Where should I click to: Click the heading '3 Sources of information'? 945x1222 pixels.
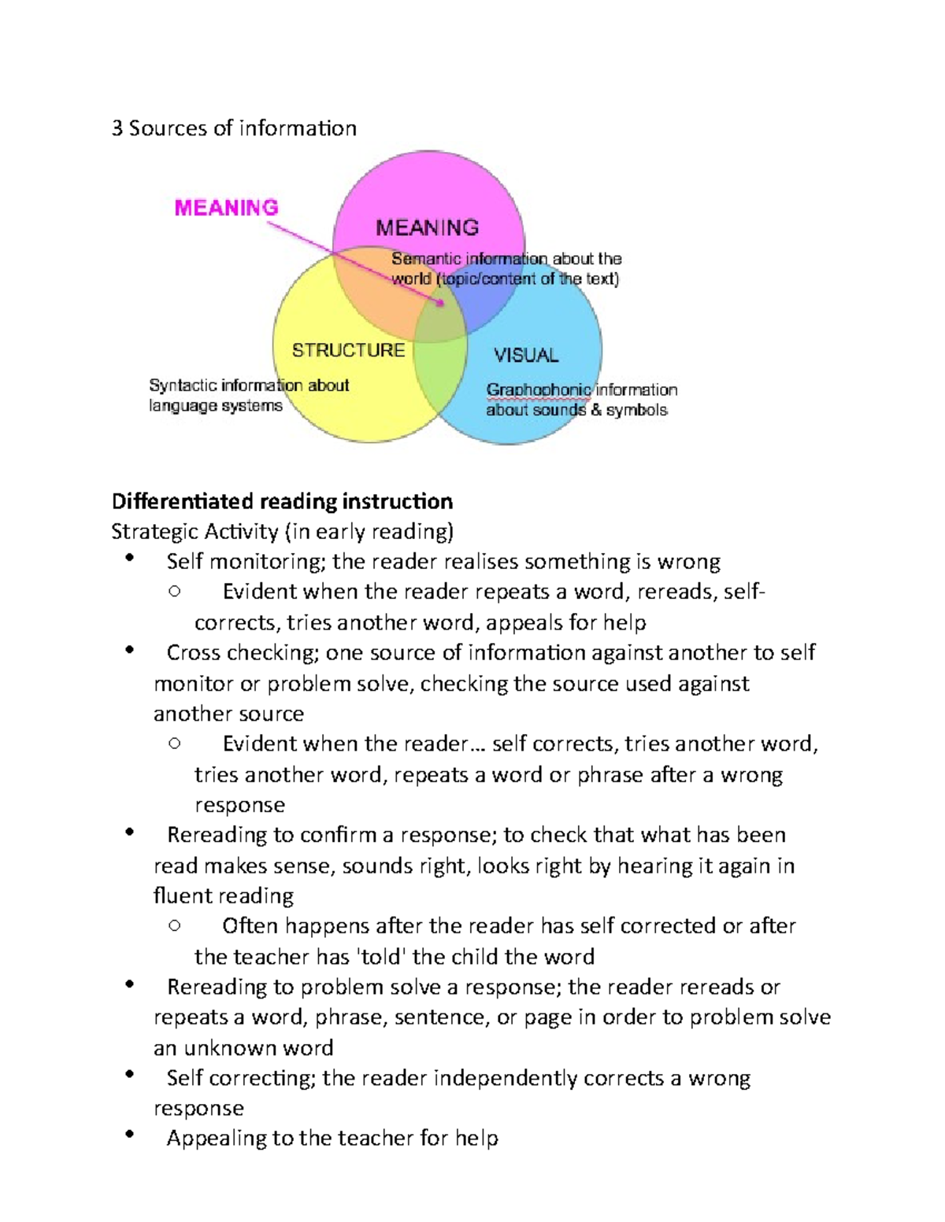tap(234, 128)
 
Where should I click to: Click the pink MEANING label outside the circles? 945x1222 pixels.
tap(226, 208)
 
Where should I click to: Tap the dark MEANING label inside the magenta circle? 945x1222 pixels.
tap(427, 228)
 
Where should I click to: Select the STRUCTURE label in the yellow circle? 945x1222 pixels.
tap(348, 350)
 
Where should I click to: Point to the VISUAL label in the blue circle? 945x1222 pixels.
tap(526, 356)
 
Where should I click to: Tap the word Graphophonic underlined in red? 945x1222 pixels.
tap(538, 390)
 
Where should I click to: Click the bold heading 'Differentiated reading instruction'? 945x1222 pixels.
tap(282, 501)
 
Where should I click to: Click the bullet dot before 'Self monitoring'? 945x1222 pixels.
tap(130, 559)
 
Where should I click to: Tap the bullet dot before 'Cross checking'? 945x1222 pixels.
tap(130, 650)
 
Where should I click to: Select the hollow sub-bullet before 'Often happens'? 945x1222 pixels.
tap(175, 926)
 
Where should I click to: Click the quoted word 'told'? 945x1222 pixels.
tap(382, 957)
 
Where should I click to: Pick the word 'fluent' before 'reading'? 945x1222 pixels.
tap(177, 896)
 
